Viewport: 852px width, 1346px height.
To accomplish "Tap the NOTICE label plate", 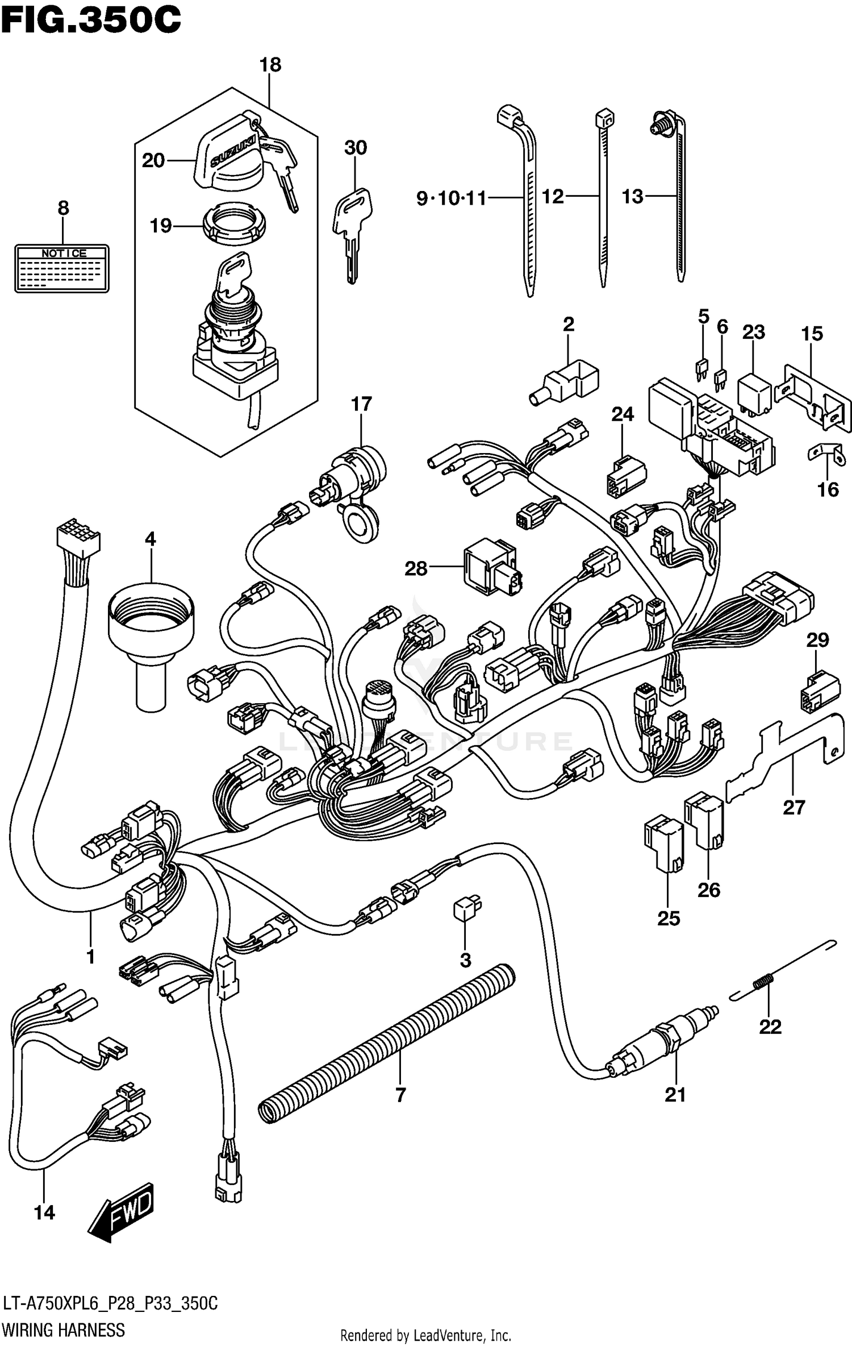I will point(61,268).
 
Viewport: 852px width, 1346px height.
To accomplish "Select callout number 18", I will point(270,65).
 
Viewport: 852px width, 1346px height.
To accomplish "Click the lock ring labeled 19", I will point(233,226).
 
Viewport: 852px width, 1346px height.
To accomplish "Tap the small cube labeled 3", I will point(466,908).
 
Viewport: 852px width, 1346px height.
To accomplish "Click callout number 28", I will point(416,568).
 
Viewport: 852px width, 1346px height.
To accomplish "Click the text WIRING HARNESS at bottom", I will point(64,1329).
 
